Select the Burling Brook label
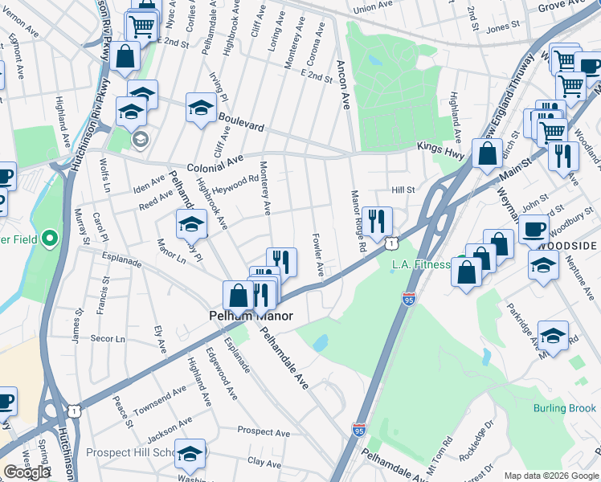[564, 408]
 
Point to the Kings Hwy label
[440, 147]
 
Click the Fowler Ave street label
[319, 255]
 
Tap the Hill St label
[402, 190]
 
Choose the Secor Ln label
[108, 338]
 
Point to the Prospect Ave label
[264, 433]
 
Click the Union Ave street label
[372, 7]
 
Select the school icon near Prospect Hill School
[190, 454]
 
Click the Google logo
[26, 472]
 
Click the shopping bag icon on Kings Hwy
[487, 153]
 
